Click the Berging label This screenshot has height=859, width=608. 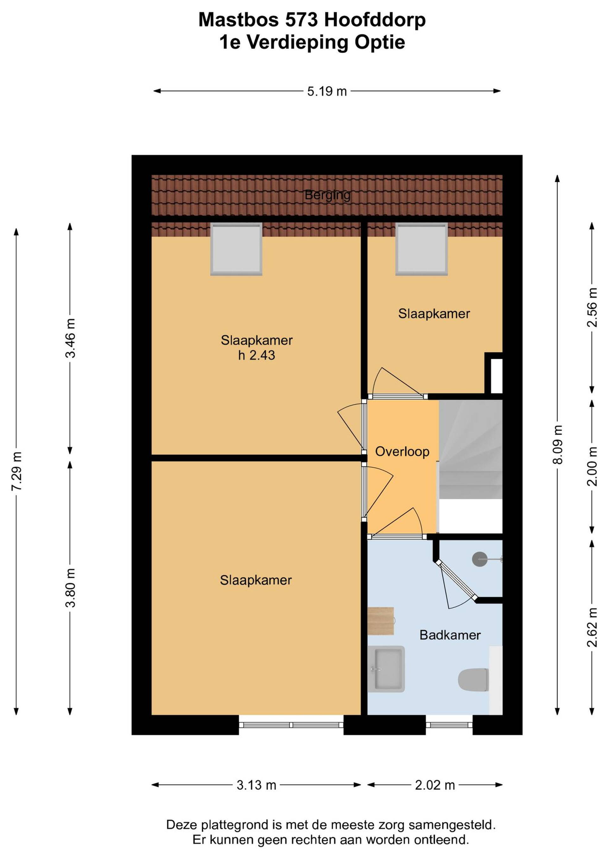click(x=327, y=195)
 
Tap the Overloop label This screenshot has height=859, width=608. click(x=402, y=451)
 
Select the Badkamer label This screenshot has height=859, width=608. click(x=450, y=635)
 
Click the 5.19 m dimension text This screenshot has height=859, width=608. click(x=327, y=91)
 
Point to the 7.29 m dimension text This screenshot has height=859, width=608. click(x=17, y=471)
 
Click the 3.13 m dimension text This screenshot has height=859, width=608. click(x=256, y=785)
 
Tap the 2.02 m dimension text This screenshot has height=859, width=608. click(x=435, y=785)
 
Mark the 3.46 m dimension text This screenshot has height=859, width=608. click(x=70, y=338)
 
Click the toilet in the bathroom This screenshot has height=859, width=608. click(x=474, y=680)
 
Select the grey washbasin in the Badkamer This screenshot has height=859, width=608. click(x=386, y=669)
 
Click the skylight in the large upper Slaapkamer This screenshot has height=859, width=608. click(x=236, y=249)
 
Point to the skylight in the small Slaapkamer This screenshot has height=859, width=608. click(x=421, y=249)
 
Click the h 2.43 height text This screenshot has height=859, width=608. click(x=256, y=355)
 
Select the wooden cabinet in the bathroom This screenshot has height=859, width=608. click(x=381, y=621)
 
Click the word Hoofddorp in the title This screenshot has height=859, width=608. click(x=375, y=20)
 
